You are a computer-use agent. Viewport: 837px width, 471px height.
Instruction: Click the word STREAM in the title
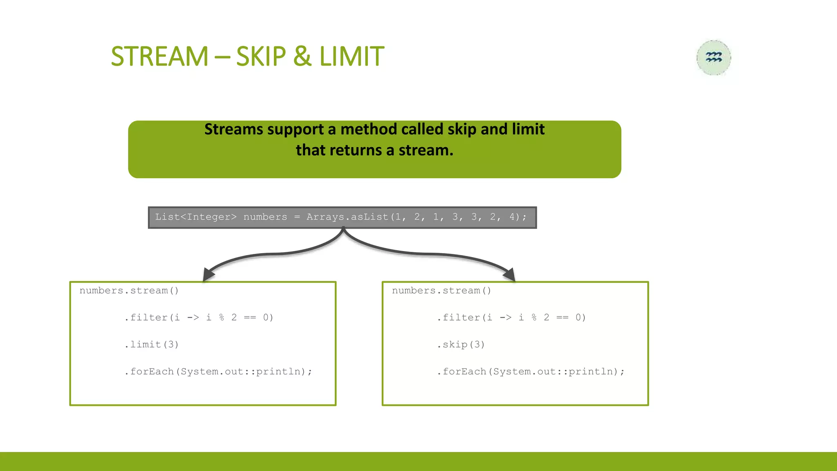(160, 56)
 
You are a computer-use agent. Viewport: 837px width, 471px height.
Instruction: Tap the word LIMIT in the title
(351, 56)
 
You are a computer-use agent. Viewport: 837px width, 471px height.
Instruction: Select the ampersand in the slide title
(302, 56)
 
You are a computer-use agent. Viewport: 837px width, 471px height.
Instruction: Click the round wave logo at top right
(714, 58)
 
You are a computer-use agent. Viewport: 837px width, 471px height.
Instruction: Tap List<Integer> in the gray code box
(196, 217)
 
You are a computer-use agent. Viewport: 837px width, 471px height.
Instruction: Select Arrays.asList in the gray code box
(348, 217)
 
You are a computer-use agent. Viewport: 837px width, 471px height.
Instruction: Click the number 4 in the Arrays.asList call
(512, 217)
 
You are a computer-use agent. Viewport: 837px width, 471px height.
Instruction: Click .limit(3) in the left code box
(152, 345)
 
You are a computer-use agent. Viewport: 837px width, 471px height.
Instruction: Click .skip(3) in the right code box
(461, 345)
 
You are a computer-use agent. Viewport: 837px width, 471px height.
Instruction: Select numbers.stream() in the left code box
(129, 291)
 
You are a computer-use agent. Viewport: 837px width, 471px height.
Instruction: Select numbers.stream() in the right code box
(441, 291)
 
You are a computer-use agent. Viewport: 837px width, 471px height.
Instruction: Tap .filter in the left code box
(146, 318)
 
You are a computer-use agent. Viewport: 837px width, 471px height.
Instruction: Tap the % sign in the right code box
(534, 318)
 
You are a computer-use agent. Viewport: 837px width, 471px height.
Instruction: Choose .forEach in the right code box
(462, 372)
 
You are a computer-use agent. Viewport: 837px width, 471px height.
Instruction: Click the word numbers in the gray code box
(265, 217)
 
